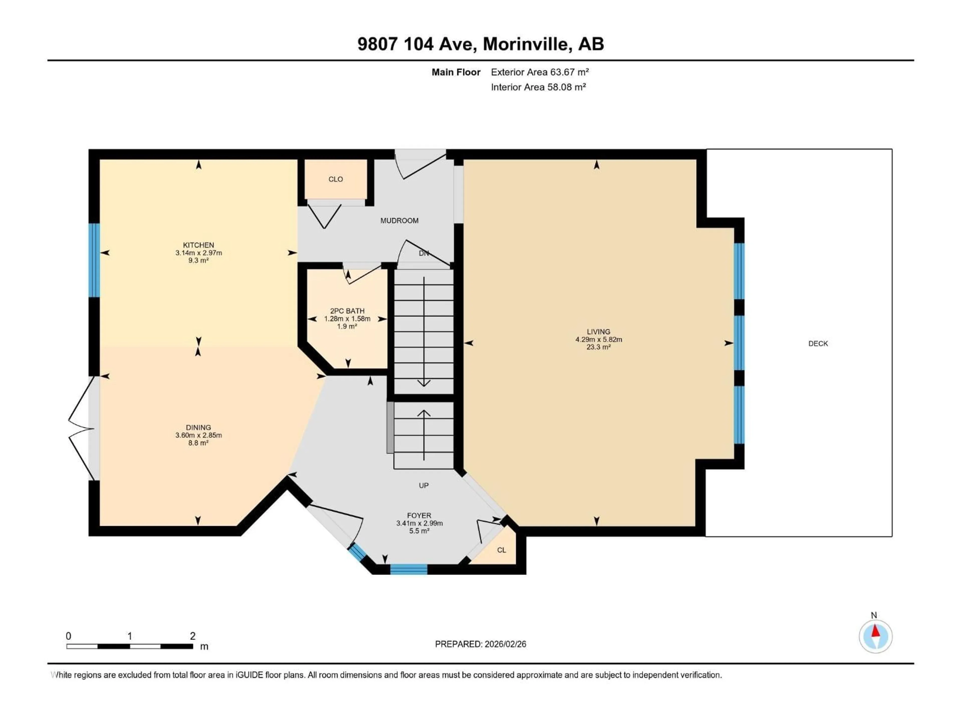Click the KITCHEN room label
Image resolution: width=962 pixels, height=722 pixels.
point(198,245)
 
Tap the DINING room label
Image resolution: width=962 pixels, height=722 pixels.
point(198,427)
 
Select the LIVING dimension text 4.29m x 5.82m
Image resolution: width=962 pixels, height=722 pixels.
point(598,339)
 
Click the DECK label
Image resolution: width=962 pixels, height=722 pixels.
point(818,343)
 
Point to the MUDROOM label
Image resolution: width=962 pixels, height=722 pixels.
point(399,221)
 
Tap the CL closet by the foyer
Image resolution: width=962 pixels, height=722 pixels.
point(501,550)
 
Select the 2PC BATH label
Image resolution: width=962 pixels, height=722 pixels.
point(347,311)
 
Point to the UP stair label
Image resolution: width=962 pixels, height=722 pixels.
point(424,485)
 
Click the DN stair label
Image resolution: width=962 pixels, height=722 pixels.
point(424,253)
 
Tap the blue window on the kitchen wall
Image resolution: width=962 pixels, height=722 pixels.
point(94,260)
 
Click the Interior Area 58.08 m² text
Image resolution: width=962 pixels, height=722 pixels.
point(538,87)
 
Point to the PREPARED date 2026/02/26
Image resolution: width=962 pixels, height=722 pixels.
point(505,644)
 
